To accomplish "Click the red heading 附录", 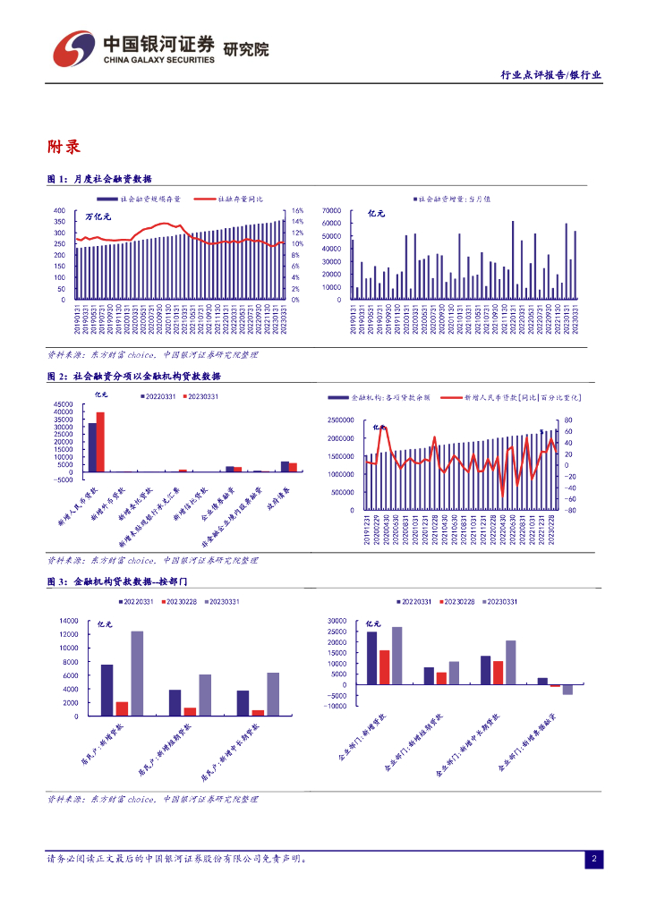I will (64, 147).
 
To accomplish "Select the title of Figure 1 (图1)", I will (99, 179).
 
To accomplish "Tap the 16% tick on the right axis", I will (298, 211).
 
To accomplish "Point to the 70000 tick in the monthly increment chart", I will (332, 211).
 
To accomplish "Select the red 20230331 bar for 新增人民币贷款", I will (100, 442).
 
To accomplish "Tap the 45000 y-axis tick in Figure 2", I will (62, 404).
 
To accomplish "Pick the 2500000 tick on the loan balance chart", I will (344, 420).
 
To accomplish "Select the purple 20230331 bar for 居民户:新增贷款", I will (137, 673).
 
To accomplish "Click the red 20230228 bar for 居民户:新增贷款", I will (122, 708).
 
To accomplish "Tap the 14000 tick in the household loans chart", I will (68, 620).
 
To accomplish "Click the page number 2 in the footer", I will (593, 860).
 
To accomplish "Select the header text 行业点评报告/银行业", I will (550, 76).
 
